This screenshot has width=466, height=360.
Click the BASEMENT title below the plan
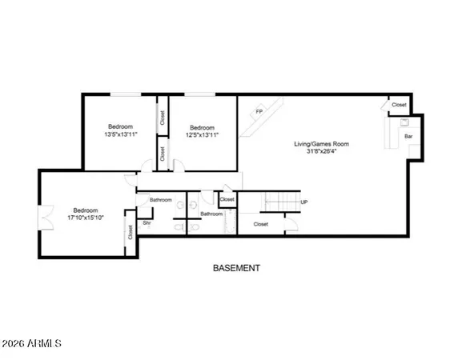[236, 268]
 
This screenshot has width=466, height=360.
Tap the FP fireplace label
[259, 110]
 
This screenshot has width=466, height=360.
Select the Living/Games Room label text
[321, 144]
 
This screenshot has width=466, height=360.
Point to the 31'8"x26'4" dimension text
[321, 152]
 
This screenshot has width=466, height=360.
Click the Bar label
[408, 137]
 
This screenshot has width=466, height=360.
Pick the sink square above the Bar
[403, 123]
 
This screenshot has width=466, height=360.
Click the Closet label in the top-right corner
[399, 105]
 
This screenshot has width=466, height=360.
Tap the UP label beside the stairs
[303, 202]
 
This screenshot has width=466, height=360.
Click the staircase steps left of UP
[284, 202]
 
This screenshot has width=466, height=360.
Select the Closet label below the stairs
[260, 224]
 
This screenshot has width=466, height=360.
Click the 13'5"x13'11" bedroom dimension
[121, 134]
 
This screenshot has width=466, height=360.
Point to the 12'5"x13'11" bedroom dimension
[202, 134]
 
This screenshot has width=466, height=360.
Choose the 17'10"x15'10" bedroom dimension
[84, 216]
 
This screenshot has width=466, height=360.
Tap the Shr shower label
[146, 223]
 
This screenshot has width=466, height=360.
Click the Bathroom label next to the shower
[160, 200]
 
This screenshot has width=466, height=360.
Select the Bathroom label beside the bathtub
[211, 214]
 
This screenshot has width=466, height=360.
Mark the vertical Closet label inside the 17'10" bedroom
[130, 232]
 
